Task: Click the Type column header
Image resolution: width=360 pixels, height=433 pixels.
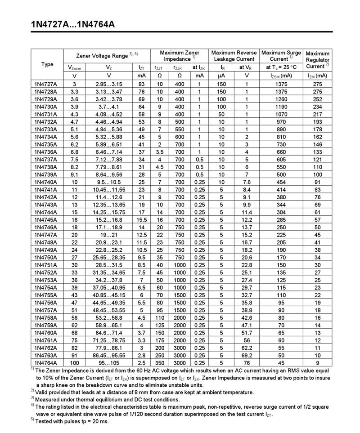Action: coord(47,64)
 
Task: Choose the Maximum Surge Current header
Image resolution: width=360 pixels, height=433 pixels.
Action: coord(282,56)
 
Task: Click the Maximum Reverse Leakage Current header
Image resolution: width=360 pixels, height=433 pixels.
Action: coord(234,56)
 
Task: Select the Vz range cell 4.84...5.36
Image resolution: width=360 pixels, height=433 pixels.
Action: coord(109,129)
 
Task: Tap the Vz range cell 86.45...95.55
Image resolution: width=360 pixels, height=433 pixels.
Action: coord(109,355)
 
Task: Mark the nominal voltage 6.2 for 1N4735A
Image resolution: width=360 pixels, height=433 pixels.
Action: coord(75,144)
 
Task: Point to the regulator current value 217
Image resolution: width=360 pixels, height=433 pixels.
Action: coord(318,114)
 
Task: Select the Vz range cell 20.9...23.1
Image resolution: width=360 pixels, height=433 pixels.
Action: coord(109,242)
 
